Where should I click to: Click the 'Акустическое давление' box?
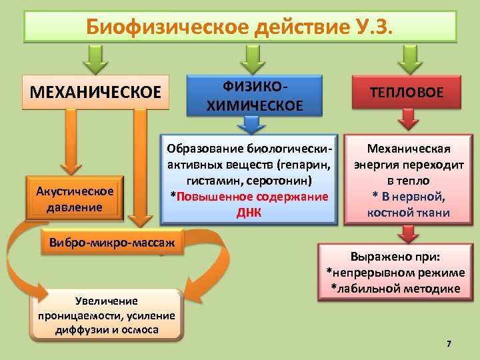pos(75,199)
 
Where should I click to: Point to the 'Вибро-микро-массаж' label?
pos(111,242)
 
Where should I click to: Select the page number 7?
pos(449,344)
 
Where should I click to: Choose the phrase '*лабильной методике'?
pos(395,289)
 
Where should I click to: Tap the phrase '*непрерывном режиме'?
pos(395,273)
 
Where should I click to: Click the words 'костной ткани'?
pos(408,213)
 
